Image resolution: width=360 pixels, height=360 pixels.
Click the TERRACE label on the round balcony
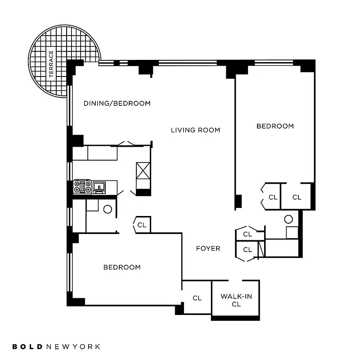tap(51, 64)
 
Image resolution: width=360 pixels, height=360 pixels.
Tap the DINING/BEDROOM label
tap(117, 103)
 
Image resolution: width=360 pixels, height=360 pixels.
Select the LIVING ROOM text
tap(195, 130)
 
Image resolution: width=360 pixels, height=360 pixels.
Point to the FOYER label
tap(208, 248)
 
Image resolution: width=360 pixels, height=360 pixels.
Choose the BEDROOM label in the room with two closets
tap(275, 126)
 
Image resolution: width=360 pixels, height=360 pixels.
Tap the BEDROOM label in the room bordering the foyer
tap(122, 267)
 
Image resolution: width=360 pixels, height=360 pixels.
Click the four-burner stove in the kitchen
tap(82, 186)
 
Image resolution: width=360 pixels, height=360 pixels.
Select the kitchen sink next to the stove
tap(99, 186)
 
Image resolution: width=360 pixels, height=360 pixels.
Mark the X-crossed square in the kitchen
tap(143, 171)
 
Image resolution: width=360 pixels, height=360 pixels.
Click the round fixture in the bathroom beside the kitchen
tap(108, 209)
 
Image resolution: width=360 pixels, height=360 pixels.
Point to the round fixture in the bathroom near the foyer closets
tap(288, 220)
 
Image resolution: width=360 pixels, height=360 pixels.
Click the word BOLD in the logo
tap(28, 346)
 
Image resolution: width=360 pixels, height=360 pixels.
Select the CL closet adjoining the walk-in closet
tap(197, 298)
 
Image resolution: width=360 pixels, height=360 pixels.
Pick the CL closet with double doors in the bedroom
tap(273, 197)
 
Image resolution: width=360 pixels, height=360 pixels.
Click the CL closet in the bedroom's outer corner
tap(297, 197)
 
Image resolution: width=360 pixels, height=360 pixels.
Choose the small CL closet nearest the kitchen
tap(142, 225)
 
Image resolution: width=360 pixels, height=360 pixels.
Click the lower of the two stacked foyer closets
tap(247, 249)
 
